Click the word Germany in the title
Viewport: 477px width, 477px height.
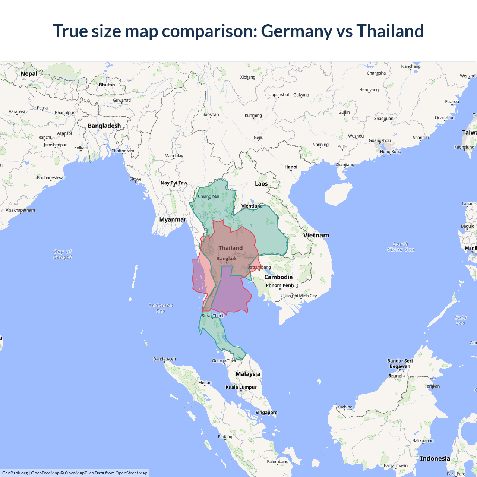[x=296, y=31]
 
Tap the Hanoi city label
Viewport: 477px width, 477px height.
[x=291, y=167]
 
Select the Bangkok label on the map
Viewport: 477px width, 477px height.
[x=227, y=258]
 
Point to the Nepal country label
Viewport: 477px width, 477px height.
[x=29, y=73]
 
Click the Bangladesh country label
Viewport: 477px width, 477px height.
[x=104, y=126]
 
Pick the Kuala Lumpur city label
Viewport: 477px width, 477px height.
[x=241, y=387]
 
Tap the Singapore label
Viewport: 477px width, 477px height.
[x=266, y=412]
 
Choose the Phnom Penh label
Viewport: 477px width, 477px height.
[x=279, y=285]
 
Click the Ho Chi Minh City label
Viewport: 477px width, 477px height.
[x=301, y=296]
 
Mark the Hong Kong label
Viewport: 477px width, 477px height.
[x=391, y=151]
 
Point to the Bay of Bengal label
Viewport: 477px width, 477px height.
[x=63, y=254]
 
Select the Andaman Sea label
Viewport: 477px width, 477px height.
[x=161, y=308]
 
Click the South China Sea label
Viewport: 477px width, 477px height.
[x=401, y=247]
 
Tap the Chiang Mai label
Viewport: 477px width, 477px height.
[x=208, y=196]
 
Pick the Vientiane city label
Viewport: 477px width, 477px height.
[x=252, y=206]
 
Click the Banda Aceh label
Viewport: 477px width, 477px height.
[x=164, y=359]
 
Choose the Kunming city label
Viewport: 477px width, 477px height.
[x=253, y=115]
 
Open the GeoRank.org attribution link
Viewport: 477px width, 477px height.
[x=15, y=473]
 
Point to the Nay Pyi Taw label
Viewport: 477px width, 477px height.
[x=174, y=183]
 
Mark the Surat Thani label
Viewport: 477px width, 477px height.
[x=212, y=316]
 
